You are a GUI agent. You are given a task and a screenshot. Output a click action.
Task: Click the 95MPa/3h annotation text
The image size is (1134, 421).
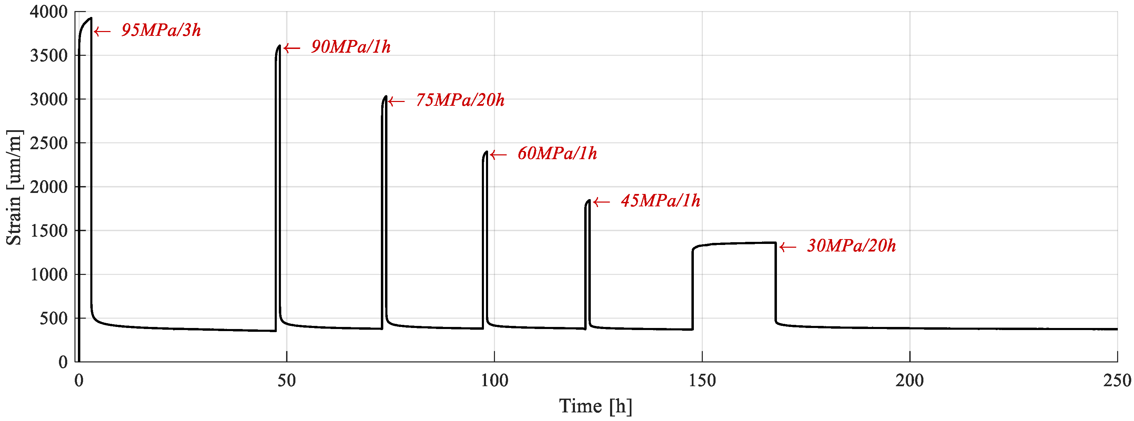(x=161, y=30)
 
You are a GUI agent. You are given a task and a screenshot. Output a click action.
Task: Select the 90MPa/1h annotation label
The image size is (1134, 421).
(x=351, y=47)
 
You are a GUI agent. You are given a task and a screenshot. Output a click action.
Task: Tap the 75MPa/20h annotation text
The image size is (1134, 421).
(x=460, y=100)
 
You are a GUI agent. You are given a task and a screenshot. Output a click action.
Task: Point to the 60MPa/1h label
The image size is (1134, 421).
(x=557, y=154)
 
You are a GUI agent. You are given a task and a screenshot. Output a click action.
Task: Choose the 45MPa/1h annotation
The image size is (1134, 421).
(x=660, y=201)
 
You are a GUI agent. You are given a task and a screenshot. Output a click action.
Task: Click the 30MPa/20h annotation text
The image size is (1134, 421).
(x=851, y=246)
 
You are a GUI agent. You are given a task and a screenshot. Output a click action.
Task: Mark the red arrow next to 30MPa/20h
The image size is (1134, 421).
(x=788, y=247)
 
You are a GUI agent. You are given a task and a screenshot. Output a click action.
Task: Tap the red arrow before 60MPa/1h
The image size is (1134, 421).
(x=498, y=155)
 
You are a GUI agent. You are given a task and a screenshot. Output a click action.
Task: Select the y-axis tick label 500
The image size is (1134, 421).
(x=54, y=318)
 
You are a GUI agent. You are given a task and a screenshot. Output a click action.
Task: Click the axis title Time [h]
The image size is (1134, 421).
(x=596, y=407)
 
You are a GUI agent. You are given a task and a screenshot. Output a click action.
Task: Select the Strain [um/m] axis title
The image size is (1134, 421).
(x=14, y=187)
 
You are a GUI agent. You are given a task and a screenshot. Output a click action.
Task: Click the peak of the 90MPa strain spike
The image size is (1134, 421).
(x=279, y=46)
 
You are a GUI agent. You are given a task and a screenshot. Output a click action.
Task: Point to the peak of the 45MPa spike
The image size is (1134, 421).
(x=589, y=201)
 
